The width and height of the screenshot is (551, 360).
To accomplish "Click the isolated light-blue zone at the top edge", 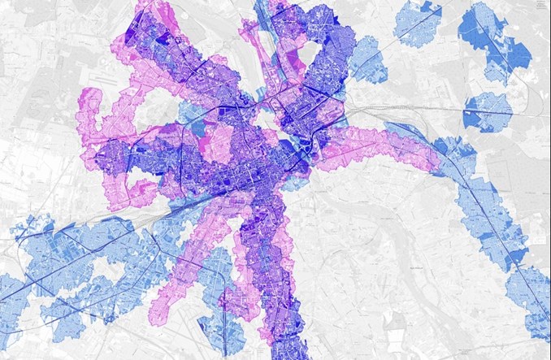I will pos(417,23).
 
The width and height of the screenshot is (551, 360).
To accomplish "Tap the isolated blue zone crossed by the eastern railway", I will pos(488,111).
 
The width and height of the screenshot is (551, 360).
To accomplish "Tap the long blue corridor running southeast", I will pos(488,211).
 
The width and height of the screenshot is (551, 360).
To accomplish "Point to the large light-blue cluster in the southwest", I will pos(81,252).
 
